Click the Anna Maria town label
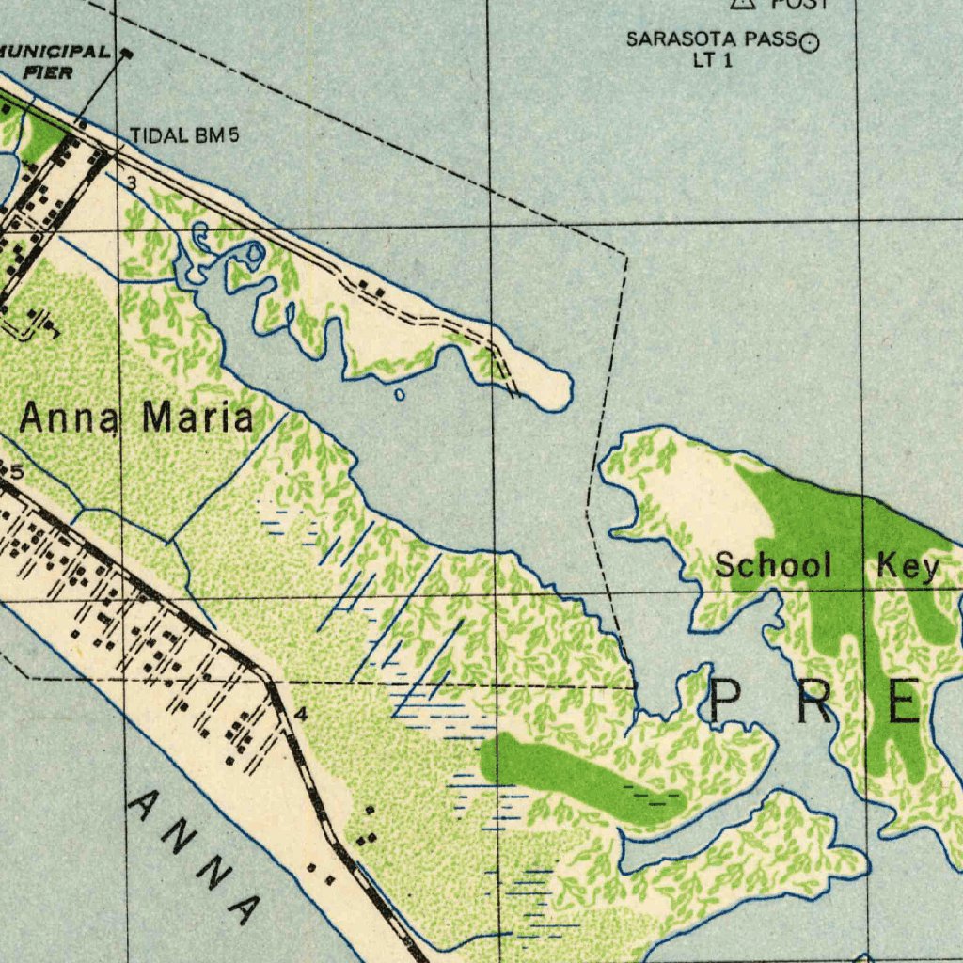(x=136, y=418)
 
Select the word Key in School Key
(x=908, y=567)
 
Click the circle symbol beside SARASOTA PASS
(x=810, y=41)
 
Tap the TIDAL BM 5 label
(x=184, y=135)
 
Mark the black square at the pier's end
(x=129, y=54)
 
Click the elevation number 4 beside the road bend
(x=300, y=714)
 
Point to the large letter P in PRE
(x=730, y=703)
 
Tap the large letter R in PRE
(x=814, y=703)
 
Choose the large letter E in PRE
(x=903, y=703)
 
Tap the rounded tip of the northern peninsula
(x=556, y=389)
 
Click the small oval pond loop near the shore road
(x=255, y=252)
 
